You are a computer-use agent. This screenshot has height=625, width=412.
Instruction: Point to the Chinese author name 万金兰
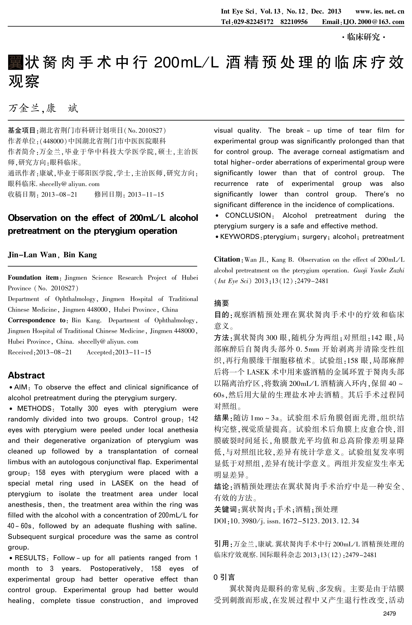24,108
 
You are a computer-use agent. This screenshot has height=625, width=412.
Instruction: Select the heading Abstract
26,375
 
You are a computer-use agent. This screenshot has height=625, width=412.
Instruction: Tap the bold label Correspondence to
36,320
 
